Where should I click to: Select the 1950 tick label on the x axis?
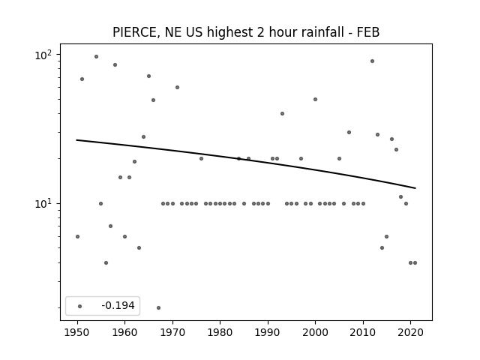click(77, 333)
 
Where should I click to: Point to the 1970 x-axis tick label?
click(172, 333)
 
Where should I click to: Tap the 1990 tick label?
click(268, 333)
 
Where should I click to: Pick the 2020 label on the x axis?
click(410, 333)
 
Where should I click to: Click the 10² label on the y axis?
click(43, 55)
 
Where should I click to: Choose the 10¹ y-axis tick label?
click(43, 203)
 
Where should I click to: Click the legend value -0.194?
click(118, 305)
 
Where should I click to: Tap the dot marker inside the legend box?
click(80, 306)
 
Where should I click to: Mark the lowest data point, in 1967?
click(158, 307)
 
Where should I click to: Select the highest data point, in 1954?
click(96, 57)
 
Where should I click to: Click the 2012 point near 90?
click(372, 61)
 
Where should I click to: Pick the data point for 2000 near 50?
click(315, 99)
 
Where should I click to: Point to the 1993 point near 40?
click(282, 113)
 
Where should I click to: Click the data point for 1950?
click(77, 236)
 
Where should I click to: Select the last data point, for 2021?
click(415, 262)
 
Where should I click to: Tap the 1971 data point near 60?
click(177, 87)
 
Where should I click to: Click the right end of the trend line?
click(415, 188)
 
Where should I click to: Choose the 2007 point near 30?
click(349, 132)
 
